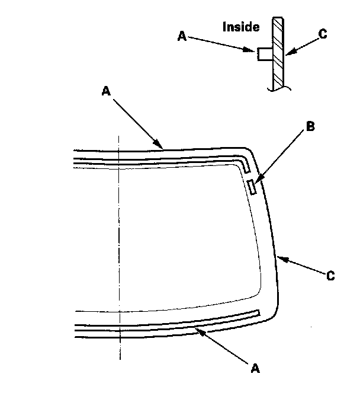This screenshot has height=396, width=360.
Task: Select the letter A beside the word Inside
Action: click(x=182, y=36)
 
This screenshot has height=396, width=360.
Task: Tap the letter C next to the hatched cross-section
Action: click(x=323, y=34)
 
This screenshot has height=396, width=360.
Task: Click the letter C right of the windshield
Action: click(x=330, y=276)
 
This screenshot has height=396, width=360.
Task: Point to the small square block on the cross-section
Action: click(x=264, y=55)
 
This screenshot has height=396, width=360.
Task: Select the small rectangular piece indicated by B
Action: click(x=252, y=187)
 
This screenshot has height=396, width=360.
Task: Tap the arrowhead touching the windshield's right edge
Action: click(x=280, y=257)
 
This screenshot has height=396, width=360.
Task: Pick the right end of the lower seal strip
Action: click(x=258, y=311)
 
